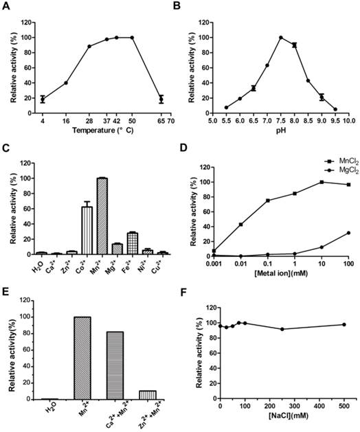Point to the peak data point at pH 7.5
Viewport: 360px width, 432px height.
point(280,37)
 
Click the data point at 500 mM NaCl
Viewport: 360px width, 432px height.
point(344,324)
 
